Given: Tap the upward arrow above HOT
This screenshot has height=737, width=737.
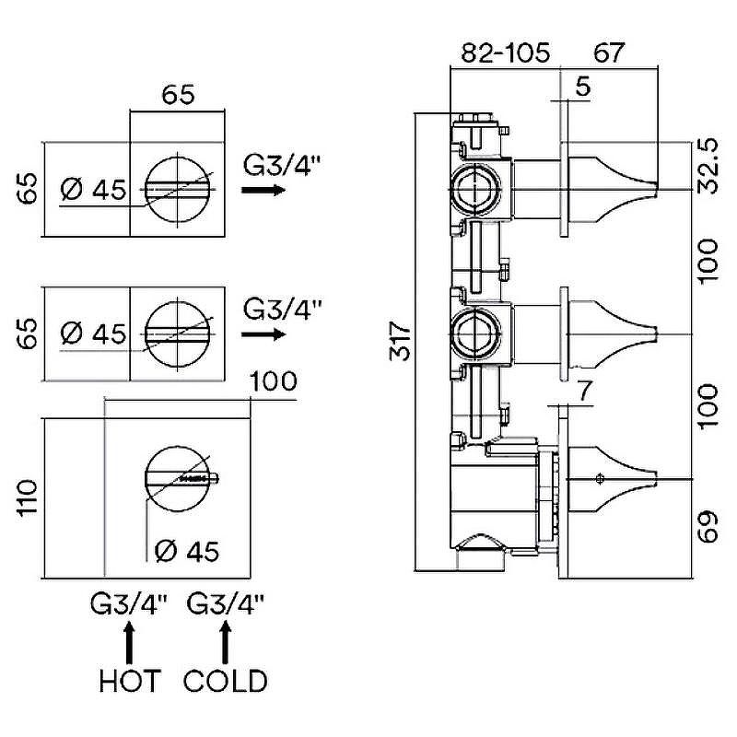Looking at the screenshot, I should tap(129, 638).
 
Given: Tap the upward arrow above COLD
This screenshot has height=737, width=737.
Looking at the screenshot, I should tap(226, 638).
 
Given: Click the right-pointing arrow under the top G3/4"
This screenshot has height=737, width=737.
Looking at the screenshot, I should tap(263, 190).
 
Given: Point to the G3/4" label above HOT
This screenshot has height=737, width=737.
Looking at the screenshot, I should tap(129, 605).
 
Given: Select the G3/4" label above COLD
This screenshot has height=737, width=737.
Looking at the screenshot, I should tap(226, 605).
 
